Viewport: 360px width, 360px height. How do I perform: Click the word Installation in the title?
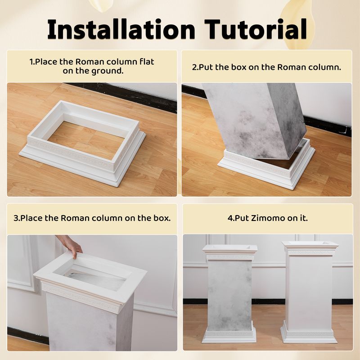121,29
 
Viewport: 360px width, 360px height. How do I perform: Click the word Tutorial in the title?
256,29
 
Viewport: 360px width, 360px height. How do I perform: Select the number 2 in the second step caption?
194,67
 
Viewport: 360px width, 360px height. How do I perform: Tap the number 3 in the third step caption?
16,218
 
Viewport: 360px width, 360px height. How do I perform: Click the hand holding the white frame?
70,246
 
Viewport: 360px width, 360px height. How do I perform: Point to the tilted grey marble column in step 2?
255,119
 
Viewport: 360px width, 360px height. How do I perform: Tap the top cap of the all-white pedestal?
310,248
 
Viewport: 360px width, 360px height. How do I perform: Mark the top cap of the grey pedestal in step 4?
230,252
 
